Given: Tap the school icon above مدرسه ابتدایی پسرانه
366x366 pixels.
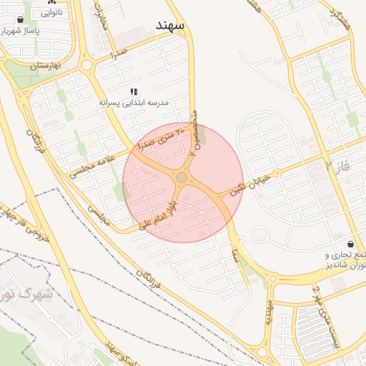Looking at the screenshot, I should point(134,91).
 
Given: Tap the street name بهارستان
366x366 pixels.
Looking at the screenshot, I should point(43,66).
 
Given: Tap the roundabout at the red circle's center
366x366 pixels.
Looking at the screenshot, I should point(182,177).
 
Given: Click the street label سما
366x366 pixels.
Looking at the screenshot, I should point(235,254).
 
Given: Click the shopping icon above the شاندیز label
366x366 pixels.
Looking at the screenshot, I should point(350,244).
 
